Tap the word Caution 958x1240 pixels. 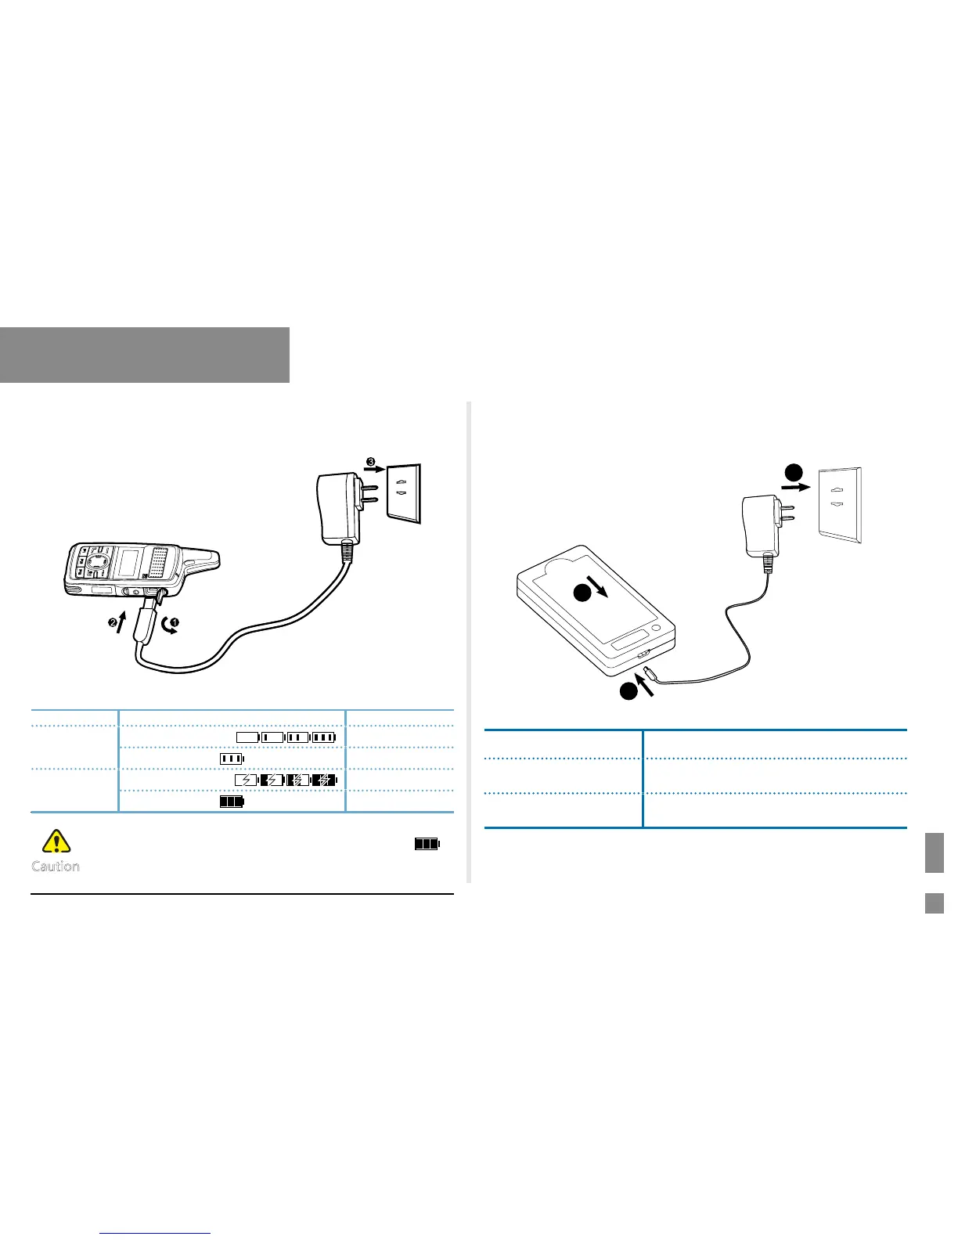click(56, 866)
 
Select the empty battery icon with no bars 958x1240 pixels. click(247, 737)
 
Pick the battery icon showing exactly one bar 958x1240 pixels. click(272, 737)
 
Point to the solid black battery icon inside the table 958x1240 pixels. click(231, 802)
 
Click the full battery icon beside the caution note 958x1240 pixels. click(427, 844)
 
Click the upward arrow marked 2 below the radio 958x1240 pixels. click(119, 622)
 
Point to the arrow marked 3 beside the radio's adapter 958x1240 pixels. click(374, 467)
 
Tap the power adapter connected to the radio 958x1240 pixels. click(338, 509)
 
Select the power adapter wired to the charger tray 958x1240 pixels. click(759, 524)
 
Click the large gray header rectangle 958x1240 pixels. click(145, 355)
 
